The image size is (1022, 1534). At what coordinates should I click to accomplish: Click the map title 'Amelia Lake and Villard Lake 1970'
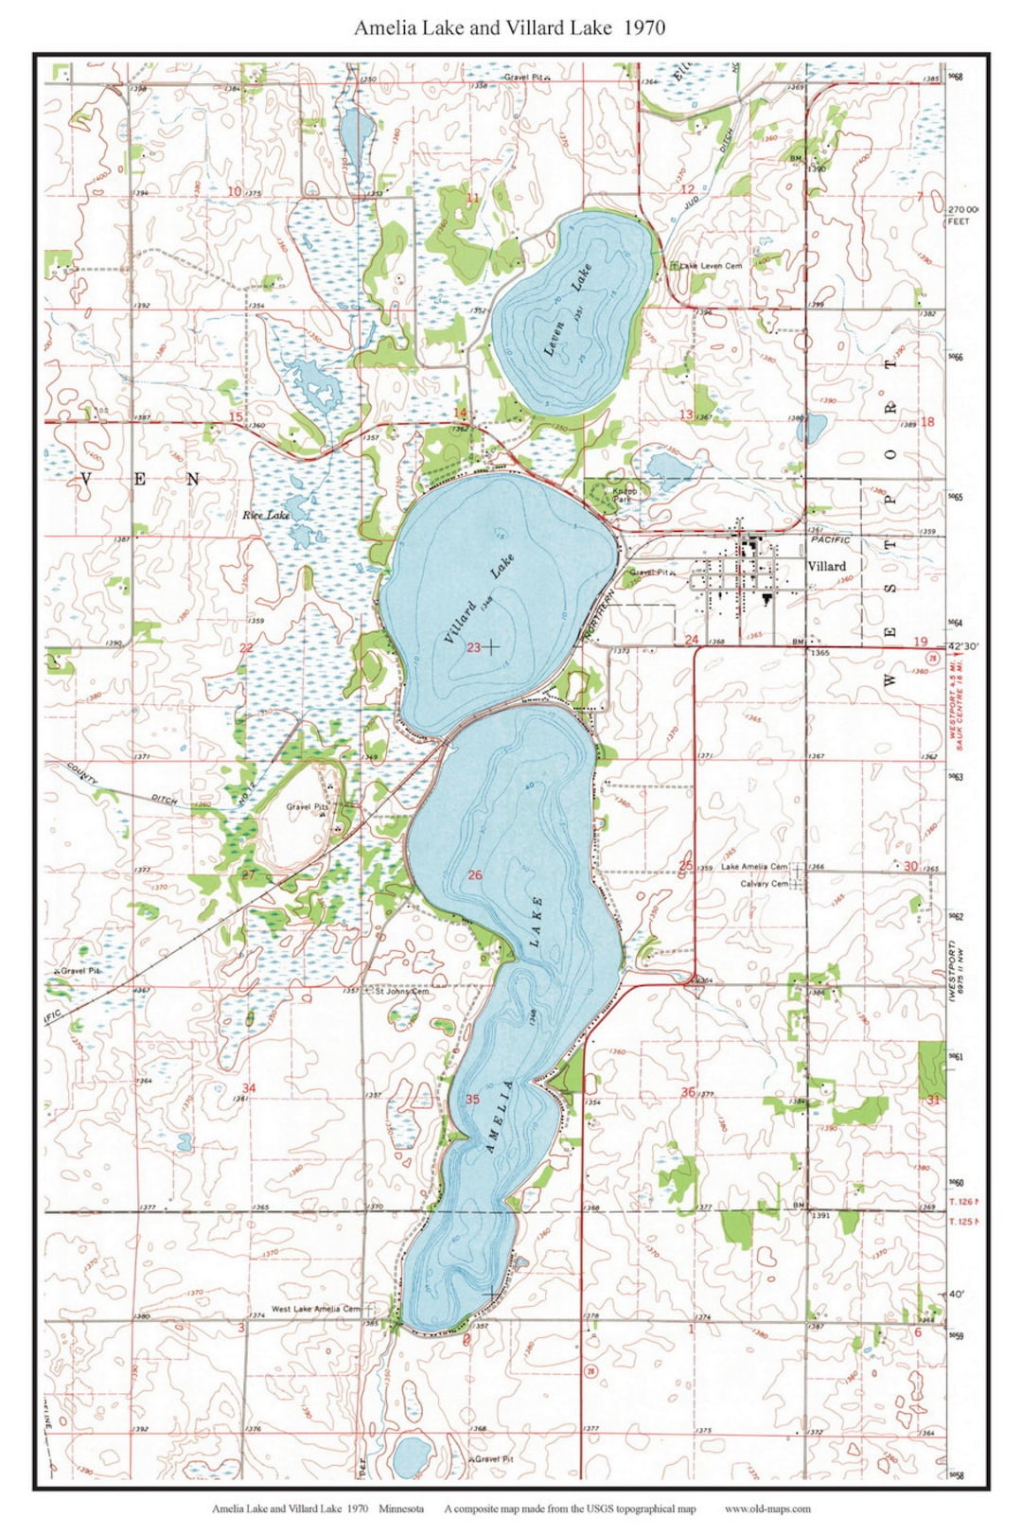pos(509,27)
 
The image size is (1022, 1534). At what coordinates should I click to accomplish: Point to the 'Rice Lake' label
pos(265,515)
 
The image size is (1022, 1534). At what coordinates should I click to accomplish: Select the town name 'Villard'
pos(826,566)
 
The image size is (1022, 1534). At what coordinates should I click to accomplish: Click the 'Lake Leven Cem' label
pos(711,266)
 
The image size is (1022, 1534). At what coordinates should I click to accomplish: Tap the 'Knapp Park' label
pos(625,495)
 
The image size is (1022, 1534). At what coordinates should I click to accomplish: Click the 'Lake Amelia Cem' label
pos(753,866)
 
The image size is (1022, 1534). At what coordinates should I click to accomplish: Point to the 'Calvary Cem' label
pos(764,884)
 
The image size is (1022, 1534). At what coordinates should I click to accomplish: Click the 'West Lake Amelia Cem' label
pos(315,1309)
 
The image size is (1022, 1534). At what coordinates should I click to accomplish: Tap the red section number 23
pos(473,647)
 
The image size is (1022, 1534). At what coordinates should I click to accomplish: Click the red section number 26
pos(474,874)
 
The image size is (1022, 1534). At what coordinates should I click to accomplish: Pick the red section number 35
pos(472,1099)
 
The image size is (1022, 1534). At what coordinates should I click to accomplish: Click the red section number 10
pos(234,192)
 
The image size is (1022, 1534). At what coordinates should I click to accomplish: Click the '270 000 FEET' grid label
pos(962,215)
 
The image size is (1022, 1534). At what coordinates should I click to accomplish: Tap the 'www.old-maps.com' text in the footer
pos(766,1508)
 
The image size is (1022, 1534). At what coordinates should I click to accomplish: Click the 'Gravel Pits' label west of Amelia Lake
pos(308,807)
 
